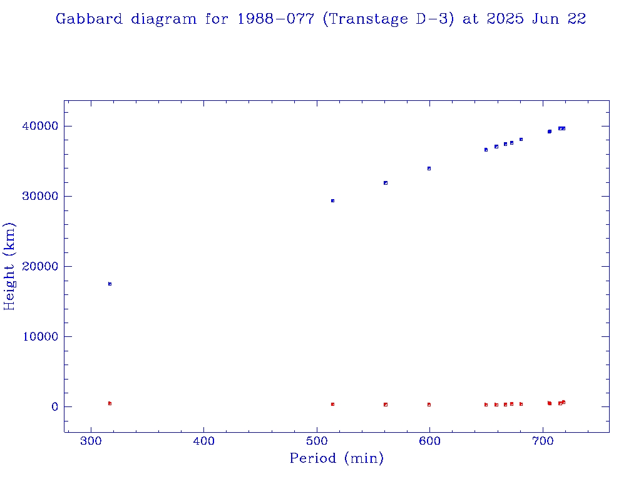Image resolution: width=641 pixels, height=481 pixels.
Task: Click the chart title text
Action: click(320, 19)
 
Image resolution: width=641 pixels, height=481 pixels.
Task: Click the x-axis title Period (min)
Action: click(336, 458)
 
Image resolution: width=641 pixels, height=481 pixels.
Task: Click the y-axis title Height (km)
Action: click(10, 266)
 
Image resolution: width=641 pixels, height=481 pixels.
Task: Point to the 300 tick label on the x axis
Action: click(91, 442)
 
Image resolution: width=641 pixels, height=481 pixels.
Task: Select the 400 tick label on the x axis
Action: click(204, 442)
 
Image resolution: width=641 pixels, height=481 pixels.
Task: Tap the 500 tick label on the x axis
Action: click(317, 442)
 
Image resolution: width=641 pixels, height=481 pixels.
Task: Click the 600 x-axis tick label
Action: click(429, 442)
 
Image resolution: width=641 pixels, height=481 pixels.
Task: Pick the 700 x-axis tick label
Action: click(542, 442)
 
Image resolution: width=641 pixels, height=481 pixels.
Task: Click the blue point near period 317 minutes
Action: click(110, 284)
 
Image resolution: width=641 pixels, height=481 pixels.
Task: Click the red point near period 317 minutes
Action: click(110, 403)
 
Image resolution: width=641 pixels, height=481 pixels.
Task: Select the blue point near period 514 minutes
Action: click(332, 200)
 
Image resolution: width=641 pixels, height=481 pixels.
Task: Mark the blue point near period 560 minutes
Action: click(386, 183)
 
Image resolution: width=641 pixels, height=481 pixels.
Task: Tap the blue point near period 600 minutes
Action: click(429, 168)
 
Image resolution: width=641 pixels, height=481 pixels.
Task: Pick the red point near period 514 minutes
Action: click(332, 404)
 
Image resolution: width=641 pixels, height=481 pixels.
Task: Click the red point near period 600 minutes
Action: click(429, 405)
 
